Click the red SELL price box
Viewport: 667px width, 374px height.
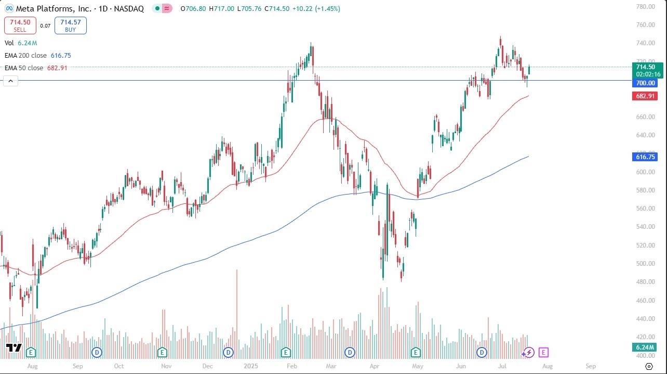point(20,25)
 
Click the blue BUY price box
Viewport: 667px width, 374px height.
point(70,25)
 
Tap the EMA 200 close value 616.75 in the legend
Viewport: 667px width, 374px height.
point(61,55)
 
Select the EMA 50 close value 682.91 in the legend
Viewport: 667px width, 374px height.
point(57,68)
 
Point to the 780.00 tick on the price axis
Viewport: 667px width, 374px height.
point(646,7)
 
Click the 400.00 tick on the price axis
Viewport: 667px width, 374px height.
point(646,355)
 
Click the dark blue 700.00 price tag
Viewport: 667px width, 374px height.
point(645,83)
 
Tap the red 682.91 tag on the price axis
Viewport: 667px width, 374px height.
point(645,96)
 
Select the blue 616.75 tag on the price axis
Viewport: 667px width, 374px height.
point(645,157)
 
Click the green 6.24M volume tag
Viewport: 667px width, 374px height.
point(645,347)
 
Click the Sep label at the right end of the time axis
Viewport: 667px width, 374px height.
point(591,366)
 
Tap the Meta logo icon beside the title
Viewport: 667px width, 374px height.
point(9,8)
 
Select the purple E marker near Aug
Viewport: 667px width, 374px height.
point(543,353)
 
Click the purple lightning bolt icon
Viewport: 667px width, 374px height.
point(529,353)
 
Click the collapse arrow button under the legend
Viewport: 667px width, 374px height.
point(10,81)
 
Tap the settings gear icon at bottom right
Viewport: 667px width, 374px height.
point(648,366)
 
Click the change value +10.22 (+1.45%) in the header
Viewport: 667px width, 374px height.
point(310,8)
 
